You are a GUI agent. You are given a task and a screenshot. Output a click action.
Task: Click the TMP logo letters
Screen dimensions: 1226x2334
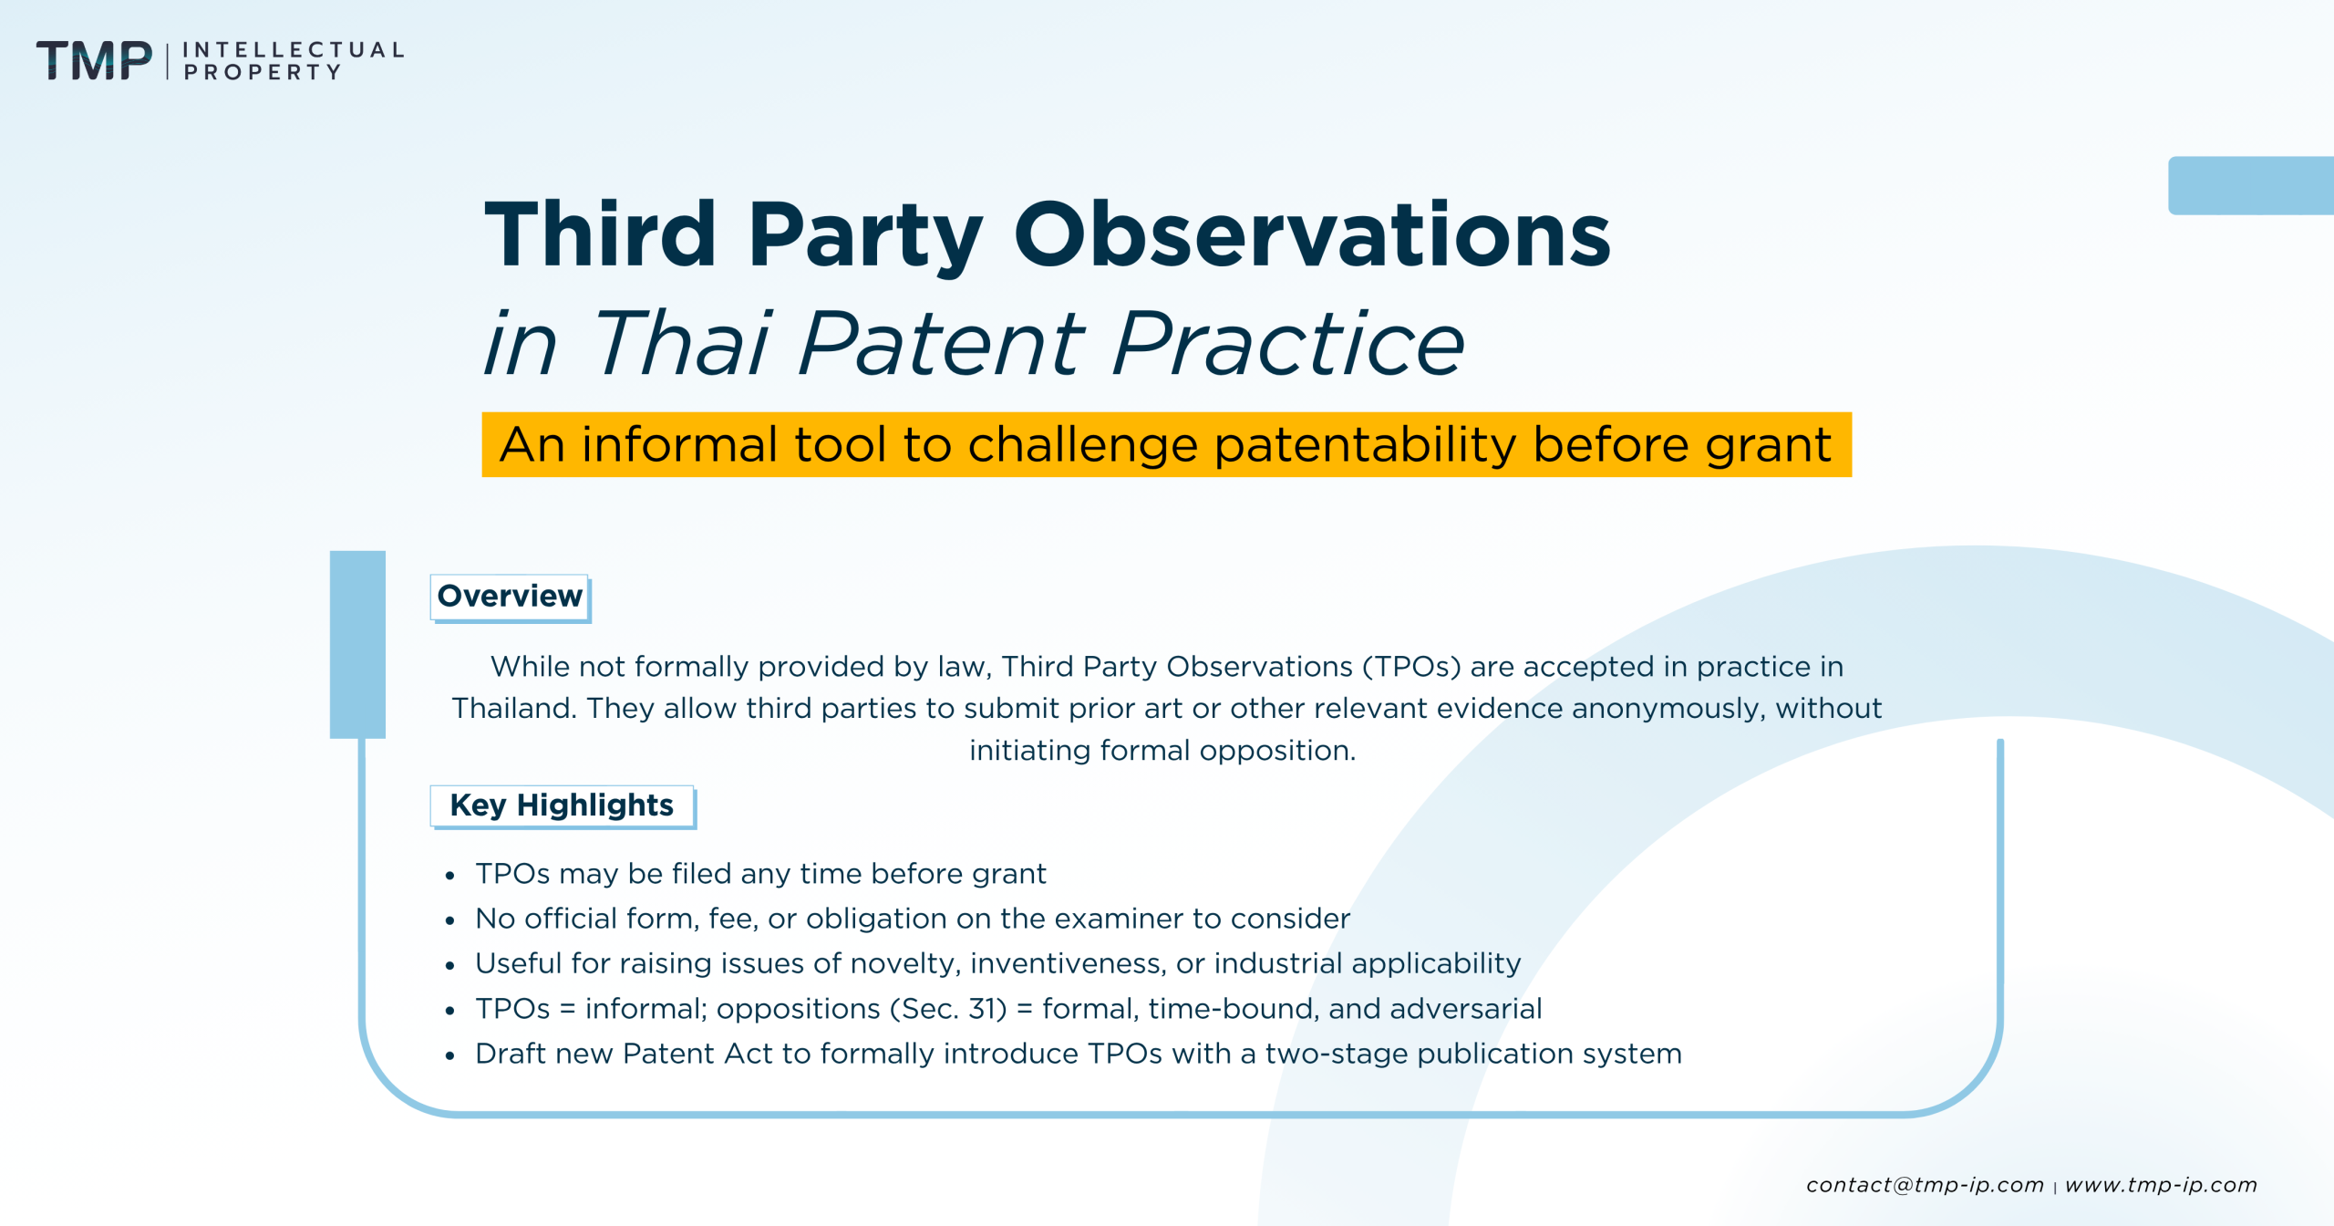[x=94, y=60]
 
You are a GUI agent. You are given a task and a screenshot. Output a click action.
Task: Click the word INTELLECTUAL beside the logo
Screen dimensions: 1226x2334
[x=293, y=49]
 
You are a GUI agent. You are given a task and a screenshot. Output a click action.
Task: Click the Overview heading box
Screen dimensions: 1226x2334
[x=510, y=597]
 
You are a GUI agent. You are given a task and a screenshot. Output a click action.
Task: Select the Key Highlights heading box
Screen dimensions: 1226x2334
[x=562, y=805]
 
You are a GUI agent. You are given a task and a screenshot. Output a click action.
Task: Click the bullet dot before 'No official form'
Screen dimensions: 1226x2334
[x=449, y=921]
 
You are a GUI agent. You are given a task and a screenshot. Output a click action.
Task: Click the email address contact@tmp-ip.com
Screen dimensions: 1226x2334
[x=1925, y=1185]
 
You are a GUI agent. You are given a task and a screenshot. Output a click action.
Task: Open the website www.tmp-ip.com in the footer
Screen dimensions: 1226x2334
[x=2161, y=1185]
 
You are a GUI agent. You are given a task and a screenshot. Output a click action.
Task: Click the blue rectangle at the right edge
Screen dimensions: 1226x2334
[x=2250, y=185]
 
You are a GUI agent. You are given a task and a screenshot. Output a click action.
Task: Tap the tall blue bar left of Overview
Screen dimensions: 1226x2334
[x=357, y=644]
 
